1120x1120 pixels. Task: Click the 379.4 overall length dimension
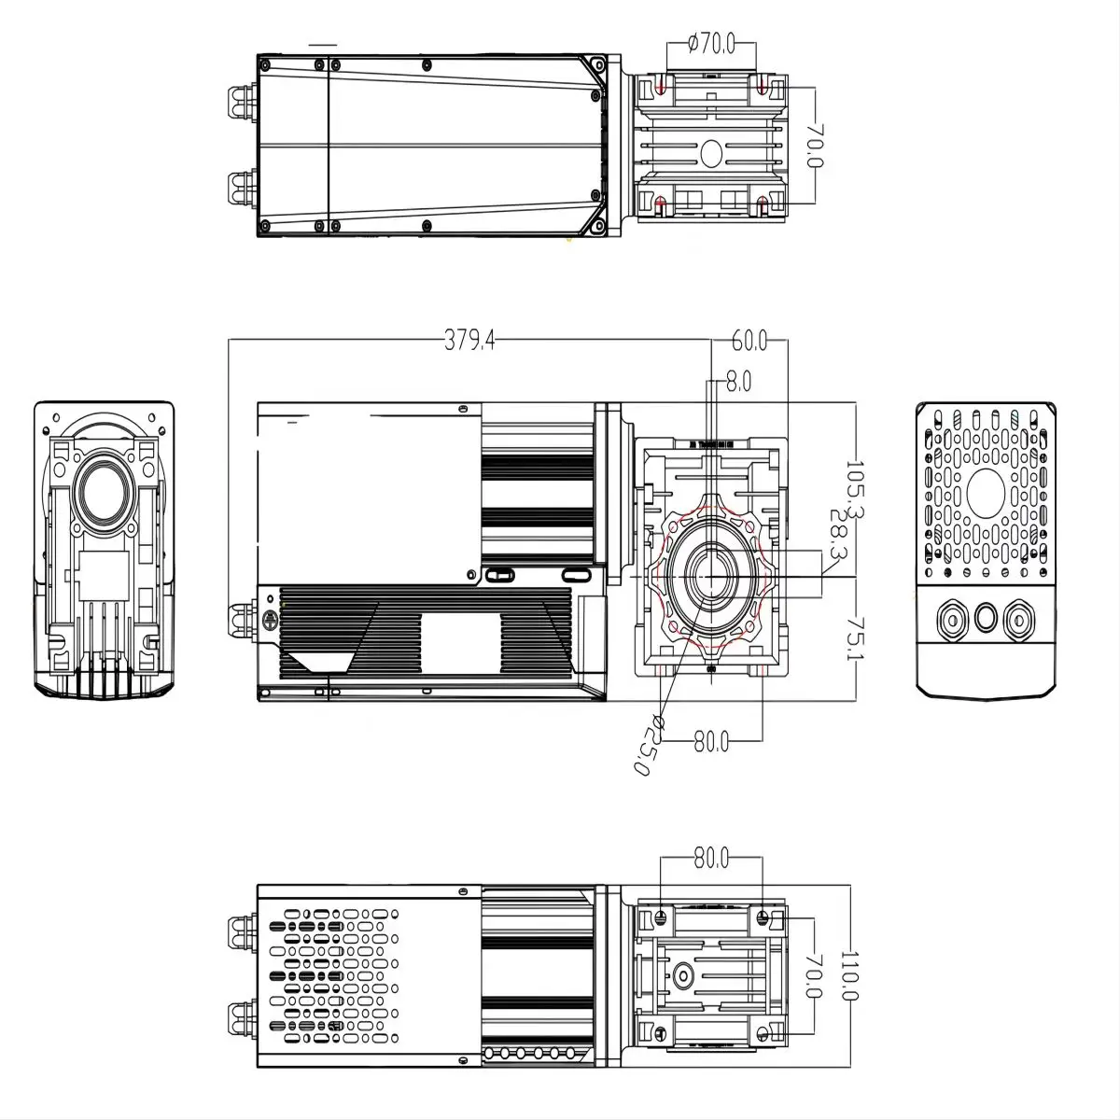pos(469,342)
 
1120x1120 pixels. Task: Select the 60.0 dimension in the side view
pos(749,342)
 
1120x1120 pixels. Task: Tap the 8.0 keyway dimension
pos(738,382)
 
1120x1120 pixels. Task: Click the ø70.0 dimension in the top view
pos(711,43)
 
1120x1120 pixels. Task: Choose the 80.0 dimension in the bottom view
pos(711,858)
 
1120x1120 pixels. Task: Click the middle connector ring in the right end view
pos(987,618)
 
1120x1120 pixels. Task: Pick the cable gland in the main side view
pos(240,621)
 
